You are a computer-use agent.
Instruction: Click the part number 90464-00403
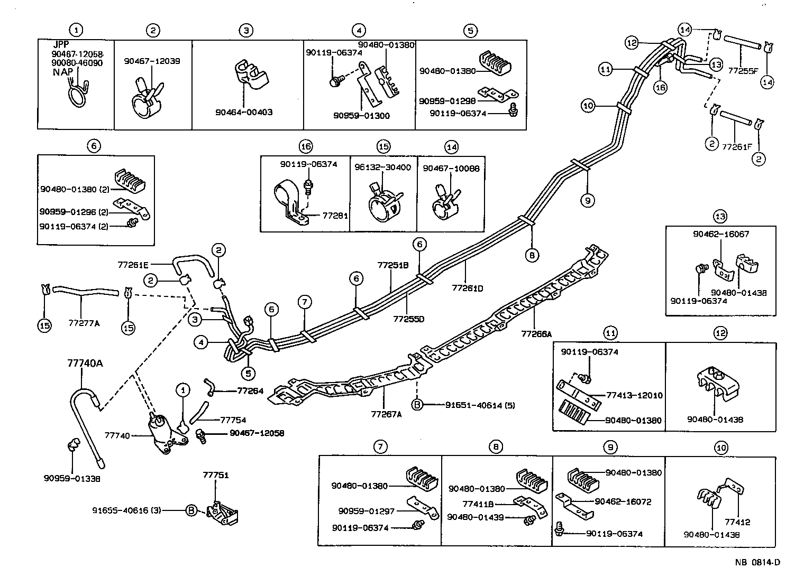coord(244,113)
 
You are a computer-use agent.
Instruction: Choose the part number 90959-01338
coord(72,478)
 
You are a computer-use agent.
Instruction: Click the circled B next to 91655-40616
coord(191,510)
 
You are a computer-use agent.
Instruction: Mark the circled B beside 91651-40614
coord(417,405)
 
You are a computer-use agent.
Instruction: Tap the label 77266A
coord(536,333)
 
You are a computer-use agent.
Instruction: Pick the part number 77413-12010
coord(634,395)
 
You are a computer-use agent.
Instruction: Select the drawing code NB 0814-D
coord(757,562)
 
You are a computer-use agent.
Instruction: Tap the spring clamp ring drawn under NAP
coord(77,97)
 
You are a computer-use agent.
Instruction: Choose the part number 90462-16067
coord(721,234)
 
